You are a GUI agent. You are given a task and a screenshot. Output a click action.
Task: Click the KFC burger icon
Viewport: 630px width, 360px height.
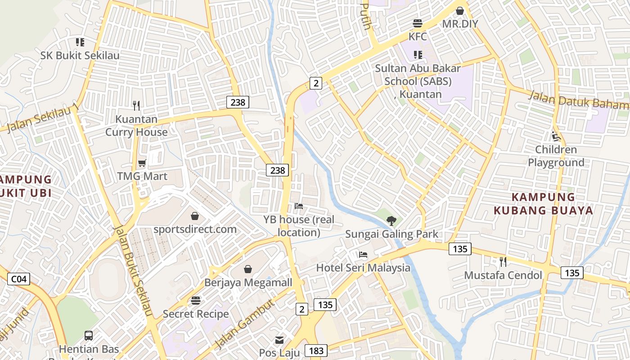coord(418,23)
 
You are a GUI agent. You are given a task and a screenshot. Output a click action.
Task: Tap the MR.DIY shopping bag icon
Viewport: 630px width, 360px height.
coord(460,11)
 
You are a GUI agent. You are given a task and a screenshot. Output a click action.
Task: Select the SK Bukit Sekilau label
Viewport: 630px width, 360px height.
coord(80,55)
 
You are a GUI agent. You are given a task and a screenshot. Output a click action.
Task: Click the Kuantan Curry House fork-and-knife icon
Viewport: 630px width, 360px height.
coord(137,106)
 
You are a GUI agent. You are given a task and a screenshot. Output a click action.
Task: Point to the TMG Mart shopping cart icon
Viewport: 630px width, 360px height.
coord(142,163)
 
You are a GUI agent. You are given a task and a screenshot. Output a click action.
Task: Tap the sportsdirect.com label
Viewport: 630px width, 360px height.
coord(195,229)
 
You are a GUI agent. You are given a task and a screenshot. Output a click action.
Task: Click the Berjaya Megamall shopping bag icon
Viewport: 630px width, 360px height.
coord(248,269)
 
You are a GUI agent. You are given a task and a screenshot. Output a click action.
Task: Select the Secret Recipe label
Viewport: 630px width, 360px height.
coord(196,314)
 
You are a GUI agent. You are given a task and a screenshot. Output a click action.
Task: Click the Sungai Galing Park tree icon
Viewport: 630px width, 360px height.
coord(391,220)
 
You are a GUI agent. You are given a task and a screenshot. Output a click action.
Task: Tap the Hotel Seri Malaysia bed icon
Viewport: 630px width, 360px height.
coord(363,255)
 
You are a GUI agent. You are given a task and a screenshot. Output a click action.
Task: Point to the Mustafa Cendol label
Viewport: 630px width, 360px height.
coord(503,275)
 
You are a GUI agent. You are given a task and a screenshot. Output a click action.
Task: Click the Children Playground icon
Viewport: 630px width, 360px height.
coord(556,136)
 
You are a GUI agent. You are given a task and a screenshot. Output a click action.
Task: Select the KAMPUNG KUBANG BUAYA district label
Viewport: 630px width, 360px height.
coord(543,203)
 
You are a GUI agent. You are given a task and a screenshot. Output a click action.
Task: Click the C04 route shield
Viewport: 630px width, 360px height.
coord(19,279)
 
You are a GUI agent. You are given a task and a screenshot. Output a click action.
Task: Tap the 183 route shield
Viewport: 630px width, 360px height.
coord(316,351)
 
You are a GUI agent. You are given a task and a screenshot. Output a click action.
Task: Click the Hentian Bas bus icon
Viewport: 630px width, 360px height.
coord(89,336)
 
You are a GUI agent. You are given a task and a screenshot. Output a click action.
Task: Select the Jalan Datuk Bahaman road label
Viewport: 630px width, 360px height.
coord(578,100)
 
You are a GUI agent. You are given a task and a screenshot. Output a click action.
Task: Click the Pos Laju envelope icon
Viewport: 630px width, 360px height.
coord(279,340)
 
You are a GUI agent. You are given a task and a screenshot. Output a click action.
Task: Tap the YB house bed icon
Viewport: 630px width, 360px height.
coord(298,206)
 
